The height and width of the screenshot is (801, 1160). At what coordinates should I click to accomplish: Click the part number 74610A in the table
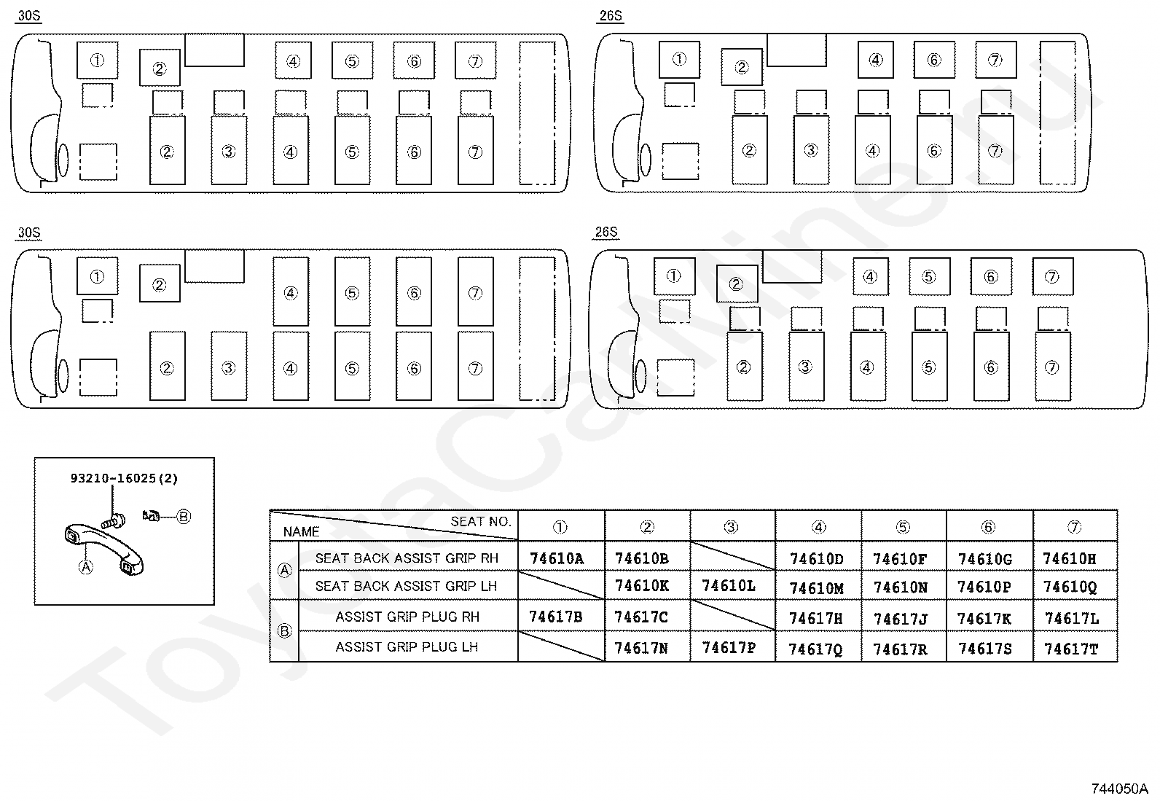(x=557, y=559)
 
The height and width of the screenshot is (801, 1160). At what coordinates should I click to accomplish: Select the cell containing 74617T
(x=1071, y=649)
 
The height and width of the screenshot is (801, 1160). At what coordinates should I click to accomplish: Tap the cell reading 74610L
(x=729, y=586)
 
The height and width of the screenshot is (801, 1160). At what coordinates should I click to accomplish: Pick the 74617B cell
(x=555, y=617)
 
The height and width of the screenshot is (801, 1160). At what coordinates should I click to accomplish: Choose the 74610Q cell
(x=1070, y=587)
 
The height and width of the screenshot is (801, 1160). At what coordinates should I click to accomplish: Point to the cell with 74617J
(x=901, y=619)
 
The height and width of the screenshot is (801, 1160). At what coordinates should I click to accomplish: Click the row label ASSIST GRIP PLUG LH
(x=407, y=647)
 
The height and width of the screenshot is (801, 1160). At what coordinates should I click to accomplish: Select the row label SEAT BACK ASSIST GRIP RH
(x=407, y=558)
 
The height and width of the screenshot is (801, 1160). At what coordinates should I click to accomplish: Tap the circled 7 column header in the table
(x=1074, y=527)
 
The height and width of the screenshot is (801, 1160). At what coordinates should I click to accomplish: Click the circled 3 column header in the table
(x=732, y=527)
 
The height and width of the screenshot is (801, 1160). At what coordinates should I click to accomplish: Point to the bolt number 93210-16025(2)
(x=124, y=479)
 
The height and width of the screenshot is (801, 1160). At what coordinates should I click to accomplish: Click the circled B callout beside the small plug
(x=184, y=517)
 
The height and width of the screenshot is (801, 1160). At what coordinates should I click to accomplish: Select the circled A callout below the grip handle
(x=86, y=566)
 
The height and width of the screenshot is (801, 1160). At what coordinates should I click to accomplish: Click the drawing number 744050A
(x=1119, y=789)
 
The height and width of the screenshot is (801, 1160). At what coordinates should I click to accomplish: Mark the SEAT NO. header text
(x=481, y=521)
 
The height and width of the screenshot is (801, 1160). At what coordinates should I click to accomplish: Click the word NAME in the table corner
(x=301, y=532)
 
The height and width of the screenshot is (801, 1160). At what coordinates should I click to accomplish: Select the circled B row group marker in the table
(x=285, y=631)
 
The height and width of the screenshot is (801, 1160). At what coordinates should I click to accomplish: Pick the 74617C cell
(x=641, y=617)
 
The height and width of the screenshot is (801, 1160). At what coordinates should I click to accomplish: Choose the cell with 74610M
(x=816, y=588)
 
